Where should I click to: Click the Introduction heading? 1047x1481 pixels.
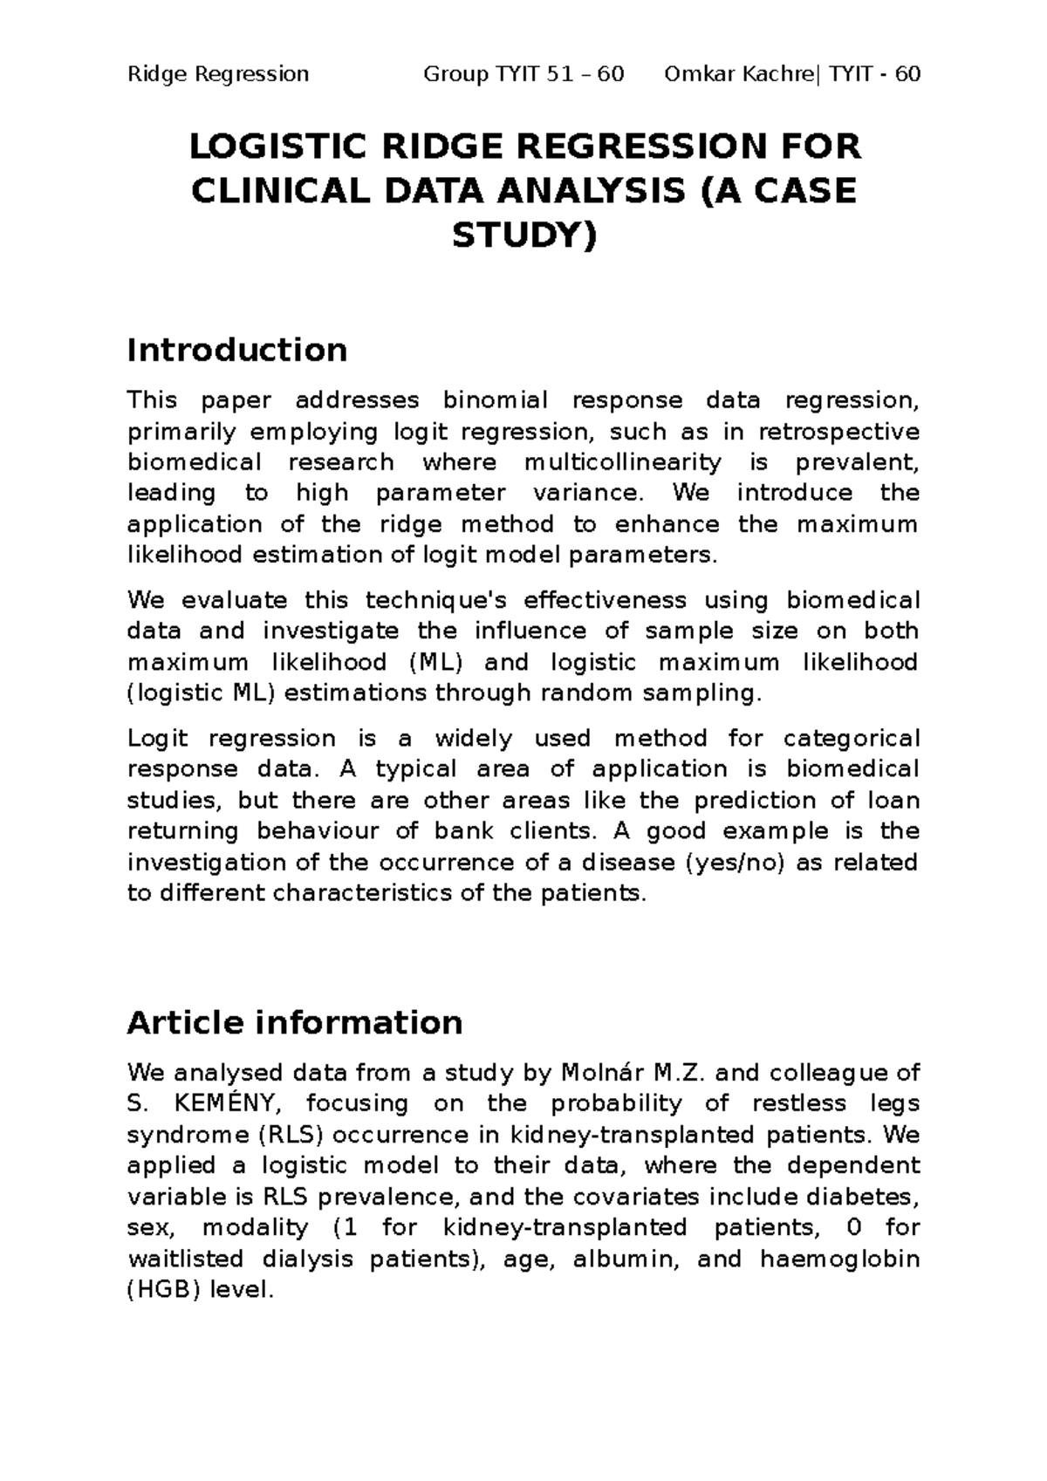(236, 350)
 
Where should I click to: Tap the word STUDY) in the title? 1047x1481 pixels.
(524, 235)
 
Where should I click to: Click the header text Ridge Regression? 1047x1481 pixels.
(218, 73)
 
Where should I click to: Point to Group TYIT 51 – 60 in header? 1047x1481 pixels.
(523, 73)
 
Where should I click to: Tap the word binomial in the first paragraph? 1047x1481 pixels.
(495, 400)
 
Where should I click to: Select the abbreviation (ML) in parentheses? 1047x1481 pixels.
(434, 662)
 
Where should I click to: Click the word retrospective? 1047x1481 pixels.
(839, 432)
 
